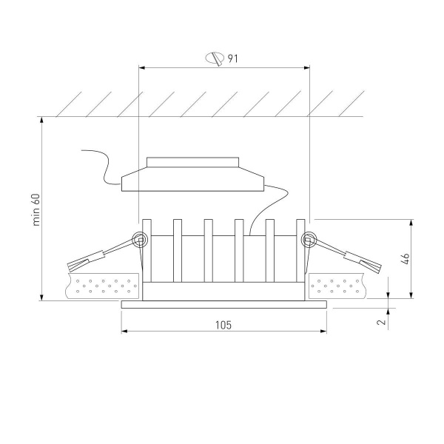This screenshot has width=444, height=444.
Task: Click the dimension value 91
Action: (233, 58)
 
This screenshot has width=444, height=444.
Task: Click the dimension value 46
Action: (406, 258)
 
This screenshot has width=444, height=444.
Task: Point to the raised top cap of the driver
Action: (193, 162)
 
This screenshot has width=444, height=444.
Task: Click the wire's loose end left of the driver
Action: (83, 150)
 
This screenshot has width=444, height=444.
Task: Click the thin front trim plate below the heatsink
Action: (223, 304)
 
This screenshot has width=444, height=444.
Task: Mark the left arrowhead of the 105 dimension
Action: (123, 331)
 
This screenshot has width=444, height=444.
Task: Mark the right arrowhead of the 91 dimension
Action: (307, 68)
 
